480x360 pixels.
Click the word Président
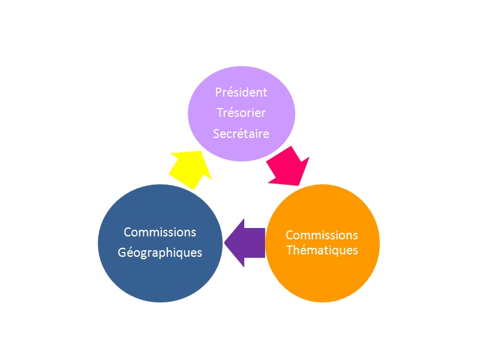tap(241, 92)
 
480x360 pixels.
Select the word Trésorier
tap(241, 113)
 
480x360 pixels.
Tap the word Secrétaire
tap(241, 133)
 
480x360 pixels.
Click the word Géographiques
tap(160, 253)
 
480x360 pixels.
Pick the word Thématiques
tap(322, 250)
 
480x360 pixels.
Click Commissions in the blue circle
tap(160, 232)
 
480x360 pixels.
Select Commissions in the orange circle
tap(322, 235)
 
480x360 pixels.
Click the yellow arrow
tap(190, 169)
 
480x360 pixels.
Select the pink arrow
tap(288, 167)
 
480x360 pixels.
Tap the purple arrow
tap(245, 243)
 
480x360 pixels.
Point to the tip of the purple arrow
tap(224, 243)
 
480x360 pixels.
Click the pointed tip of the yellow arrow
tap(201, 151)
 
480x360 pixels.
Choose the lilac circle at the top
tap(241, 113)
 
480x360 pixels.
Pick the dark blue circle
tap(160, 243)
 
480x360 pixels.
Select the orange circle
tap(323, 243)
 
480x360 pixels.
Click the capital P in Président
tap(218, 92)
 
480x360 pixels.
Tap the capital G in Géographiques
tap(122, 253)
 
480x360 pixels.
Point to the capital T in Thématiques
tap(290, 250)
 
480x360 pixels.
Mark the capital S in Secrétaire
tap(217, 134)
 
